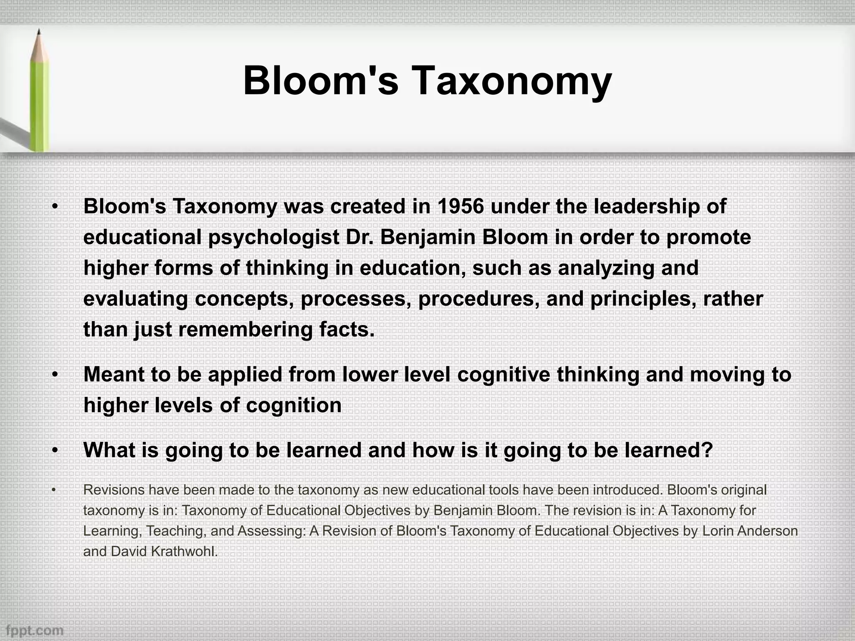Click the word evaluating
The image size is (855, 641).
(136, 299)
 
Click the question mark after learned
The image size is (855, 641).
(707, 450)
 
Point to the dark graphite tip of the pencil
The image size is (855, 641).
(39, 33)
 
